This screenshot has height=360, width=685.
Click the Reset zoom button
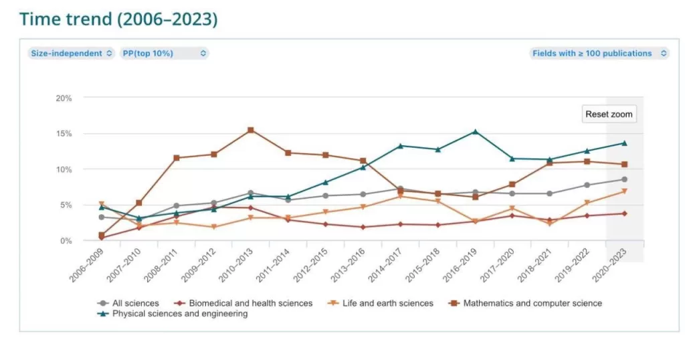tap(608, 114)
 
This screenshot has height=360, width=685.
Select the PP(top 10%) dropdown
tap(165, 54)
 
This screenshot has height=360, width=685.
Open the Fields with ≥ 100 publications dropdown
tap(599, 54)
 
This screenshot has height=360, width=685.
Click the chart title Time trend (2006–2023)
tap(118, 19)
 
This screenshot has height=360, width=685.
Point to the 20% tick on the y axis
tap(64, 98)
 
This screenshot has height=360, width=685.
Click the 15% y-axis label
tap(64, 134)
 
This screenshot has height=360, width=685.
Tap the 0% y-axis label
tap(66, 241)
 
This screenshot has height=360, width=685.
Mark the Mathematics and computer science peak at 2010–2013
tap(251, 130)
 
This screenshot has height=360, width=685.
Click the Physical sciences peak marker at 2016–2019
tap(475, 131)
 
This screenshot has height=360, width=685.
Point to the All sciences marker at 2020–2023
tap(624, 179)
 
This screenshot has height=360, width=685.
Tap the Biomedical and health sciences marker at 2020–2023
tap(624, 213)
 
